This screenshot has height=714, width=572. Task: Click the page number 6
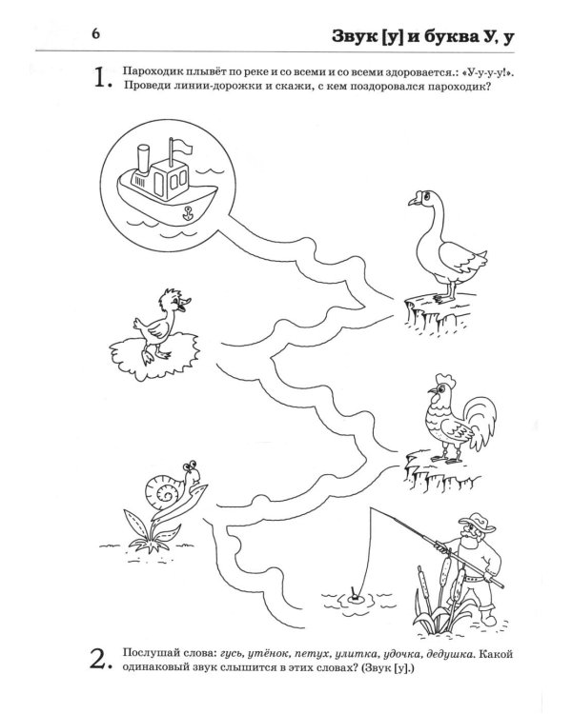[95, 34]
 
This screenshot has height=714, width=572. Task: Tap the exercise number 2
[100, 661]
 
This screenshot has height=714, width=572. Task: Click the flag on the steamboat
[180, 147]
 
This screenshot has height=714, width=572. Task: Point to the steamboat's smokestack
[143, 159]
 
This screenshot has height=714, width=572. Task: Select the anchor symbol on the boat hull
[186, 212]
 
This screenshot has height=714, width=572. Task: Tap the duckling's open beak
[185, 305]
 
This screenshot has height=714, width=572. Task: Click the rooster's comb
[445, 379]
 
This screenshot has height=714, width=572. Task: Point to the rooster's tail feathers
[481, 419]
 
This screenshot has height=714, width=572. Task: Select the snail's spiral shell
[164, 489]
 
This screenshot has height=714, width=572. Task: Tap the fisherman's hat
[477, 523]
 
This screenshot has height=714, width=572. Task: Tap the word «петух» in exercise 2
[312, 655]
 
